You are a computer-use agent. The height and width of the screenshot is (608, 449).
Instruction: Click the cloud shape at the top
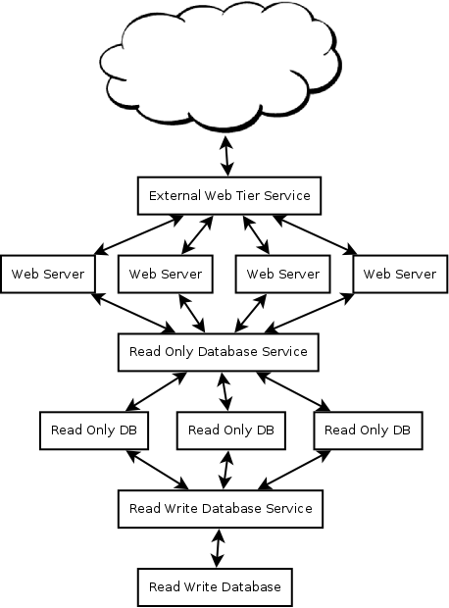(221, 66)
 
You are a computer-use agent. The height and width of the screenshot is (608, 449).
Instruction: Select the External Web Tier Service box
(229, 196)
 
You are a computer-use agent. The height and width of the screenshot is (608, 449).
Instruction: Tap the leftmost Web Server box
(48, 274)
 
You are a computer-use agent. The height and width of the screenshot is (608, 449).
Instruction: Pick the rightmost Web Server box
(400, 274)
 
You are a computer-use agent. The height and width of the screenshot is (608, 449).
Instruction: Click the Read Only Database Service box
(219, 352)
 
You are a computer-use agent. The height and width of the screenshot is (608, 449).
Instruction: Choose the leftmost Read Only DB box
(94, 431)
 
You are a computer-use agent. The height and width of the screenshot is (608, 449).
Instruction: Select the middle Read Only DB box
(231, 431)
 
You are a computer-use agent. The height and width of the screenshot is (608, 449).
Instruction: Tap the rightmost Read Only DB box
(368, 431)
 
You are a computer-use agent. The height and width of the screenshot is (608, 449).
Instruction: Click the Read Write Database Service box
(221, 509)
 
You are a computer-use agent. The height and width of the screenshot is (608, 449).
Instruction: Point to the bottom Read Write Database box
(215, 587)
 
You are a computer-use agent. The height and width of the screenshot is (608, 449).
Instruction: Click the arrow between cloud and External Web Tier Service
(226, 156)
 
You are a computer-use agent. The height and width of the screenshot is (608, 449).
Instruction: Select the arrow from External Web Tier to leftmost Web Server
(139, 235)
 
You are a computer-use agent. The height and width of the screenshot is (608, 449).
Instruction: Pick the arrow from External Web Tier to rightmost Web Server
(315, 235)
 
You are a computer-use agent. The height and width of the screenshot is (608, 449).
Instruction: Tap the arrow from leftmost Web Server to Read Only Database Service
(133, 313)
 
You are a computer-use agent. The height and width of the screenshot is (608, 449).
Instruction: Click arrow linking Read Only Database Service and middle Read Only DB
(225, 391)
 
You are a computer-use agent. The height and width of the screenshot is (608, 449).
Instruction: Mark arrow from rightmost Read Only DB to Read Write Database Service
(294, 470)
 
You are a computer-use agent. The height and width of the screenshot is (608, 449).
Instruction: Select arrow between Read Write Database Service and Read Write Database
(218, 548)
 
